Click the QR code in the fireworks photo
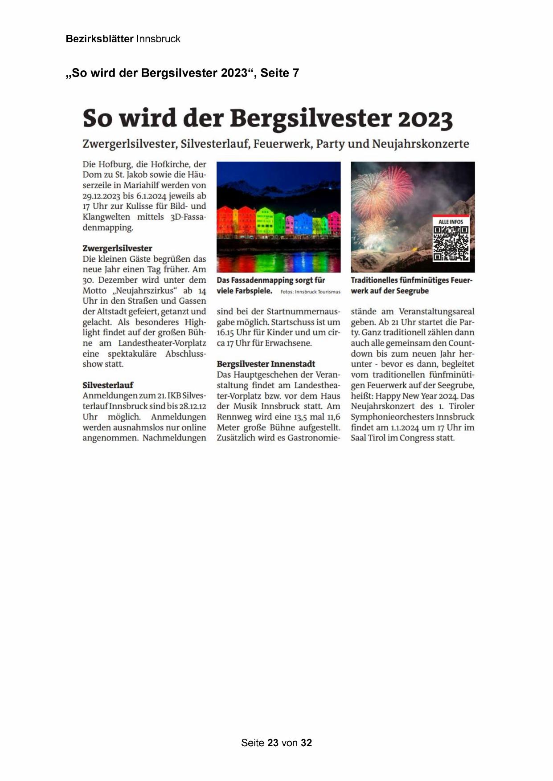click(x=451, y=243)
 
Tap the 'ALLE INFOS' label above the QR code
click(x=451, y=222)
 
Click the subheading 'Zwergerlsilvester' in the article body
click(x=117, y=248)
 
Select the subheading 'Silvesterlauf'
click(x=108, y=385)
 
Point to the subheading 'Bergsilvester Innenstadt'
click(x=266, y=364)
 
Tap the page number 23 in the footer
click(x=273, y=743)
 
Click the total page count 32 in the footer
click(x=306, y=743)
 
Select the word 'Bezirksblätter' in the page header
click(x=99, y=39)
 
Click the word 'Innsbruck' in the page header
click(x=158, y=39)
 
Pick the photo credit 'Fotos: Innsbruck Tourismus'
click(x=310, y=292)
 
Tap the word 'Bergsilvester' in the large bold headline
click(x=310, y=119)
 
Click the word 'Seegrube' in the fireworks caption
click(x=413, y=291)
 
